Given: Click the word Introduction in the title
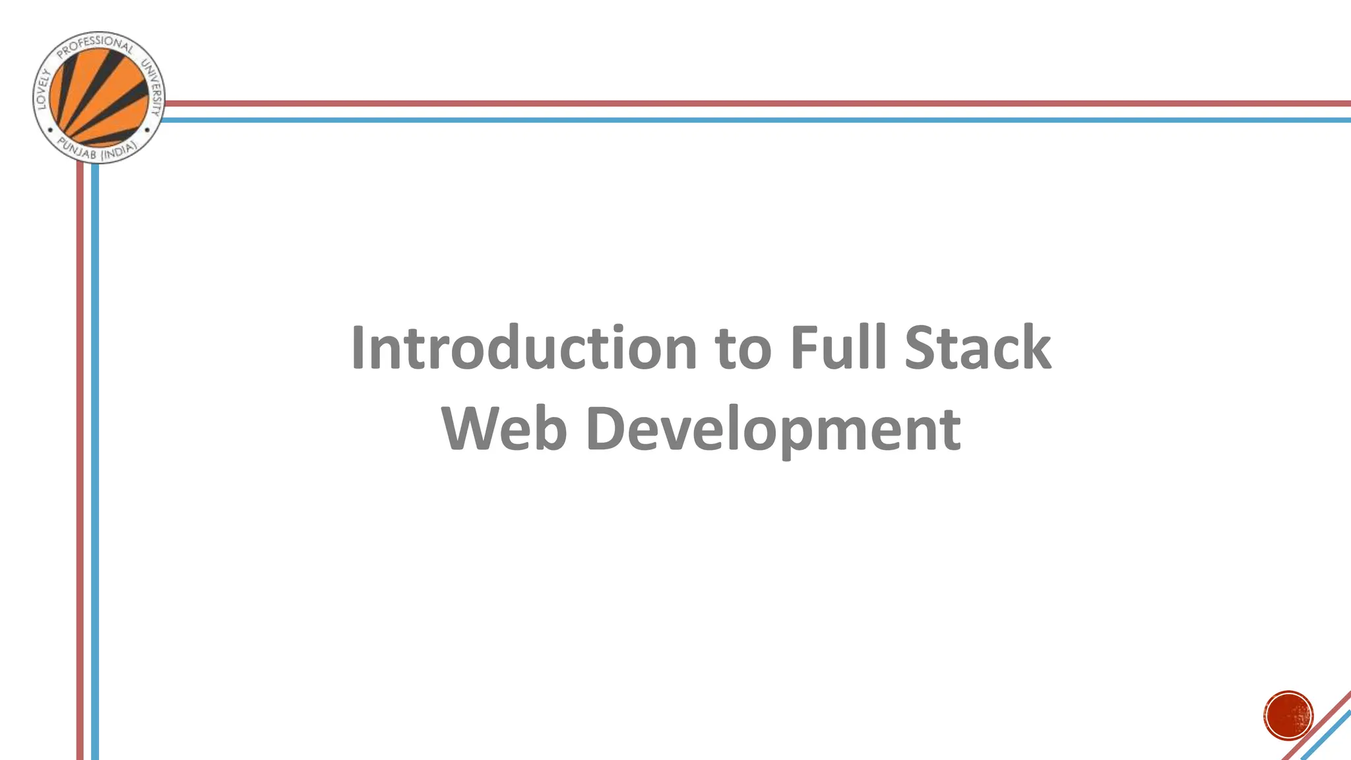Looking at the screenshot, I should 524,348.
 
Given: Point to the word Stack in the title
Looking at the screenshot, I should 978,348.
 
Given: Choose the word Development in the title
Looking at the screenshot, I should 773,430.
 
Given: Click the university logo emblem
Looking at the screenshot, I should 99,98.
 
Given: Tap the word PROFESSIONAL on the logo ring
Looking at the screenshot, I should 96,46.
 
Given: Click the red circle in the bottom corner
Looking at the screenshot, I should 1288,716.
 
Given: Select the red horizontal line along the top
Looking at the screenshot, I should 726,104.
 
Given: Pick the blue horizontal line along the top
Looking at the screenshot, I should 726,120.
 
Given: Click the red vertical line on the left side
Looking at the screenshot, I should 80,462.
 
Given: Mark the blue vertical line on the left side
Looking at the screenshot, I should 95,462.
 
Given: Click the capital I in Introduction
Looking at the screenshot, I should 358,348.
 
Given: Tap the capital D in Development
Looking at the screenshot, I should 606,429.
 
